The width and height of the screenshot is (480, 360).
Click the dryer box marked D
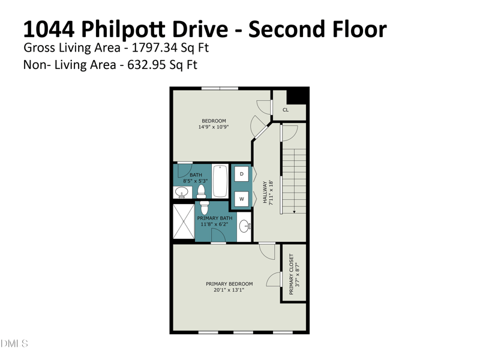tap(242, 174)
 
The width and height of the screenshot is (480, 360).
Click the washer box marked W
tap(242, 199)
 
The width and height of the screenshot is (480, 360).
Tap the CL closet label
tap(286, 110)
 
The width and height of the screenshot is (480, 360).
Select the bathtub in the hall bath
tap(220, 181)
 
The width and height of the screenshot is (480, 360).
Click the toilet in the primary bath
tap(205, 208)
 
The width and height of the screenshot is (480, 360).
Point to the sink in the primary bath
tap(245, 226)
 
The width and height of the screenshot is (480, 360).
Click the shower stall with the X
tap(184, 221)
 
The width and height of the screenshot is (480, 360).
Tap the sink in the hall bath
tap(182, 193)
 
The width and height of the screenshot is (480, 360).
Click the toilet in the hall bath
tap(201, 192)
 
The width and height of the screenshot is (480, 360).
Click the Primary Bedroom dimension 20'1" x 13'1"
tap(229, 290)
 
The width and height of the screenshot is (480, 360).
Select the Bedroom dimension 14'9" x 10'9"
tap(214, 127)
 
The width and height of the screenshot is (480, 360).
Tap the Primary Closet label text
tap(291, 274)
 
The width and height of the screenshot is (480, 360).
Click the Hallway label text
tap(265, 192)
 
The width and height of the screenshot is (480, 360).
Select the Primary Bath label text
tap(215, 218)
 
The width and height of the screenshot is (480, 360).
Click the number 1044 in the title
tap(49, 29)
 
